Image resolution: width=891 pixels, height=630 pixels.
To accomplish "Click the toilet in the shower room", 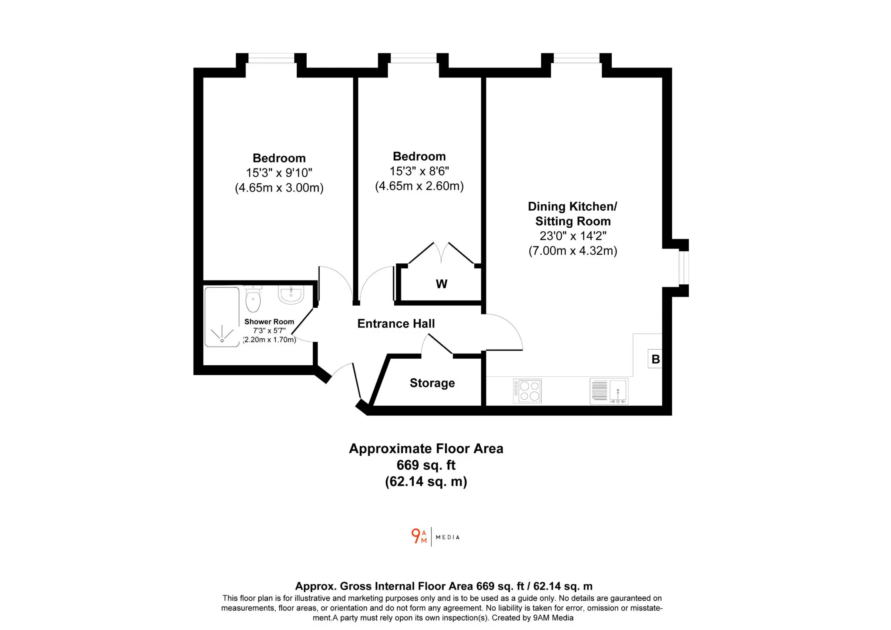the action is [x=253, y=298].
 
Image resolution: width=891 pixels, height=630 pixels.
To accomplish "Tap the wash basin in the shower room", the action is [x=291, y=295].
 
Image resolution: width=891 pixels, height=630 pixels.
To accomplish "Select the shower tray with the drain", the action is [x=222, y=317].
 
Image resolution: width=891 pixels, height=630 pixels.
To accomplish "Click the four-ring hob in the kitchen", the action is [x=527, y=391].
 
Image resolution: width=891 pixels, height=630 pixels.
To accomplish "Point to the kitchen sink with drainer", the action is [x=609, y=391].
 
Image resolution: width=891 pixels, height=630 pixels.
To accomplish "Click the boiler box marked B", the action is [x=655, y=359].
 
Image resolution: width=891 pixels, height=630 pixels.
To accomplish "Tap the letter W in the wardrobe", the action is [x=442, y=284].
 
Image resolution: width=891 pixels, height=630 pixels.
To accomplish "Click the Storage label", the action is [x=432, y=383].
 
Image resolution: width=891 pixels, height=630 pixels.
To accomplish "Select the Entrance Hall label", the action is [x=396, y=323].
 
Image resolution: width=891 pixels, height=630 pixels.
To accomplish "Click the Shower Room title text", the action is [x=269, y=322].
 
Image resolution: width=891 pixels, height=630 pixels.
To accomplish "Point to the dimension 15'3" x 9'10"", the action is [x=279, y=173].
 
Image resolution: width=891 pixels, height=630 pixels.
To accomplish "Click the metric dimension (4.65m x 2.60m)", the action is [x=419, y=186].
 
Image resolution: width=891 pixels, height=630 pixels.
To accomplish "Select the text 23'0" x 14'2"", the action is [x=573, y=236].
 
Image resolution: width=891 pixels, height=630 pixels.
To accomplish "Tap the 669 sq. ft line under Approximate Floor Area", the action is [x=426, y=465].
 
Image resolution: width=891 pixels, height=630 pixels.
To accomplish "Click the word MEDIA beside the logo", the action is [x=448, y=537].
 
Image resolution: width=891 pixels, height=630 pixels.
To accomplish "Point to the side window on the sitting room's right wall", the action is [x=683, y=268].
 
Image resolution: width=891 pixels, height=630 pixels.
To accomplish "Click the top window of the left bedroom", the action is [x=271, y=58].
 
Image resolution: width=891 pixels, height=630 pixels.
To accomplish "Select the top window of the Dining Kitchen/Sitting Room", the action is [x=576, y=58].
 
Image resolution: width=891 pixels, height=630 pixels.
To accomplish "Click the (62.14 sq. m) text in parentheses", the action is [x=426, y=482].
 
